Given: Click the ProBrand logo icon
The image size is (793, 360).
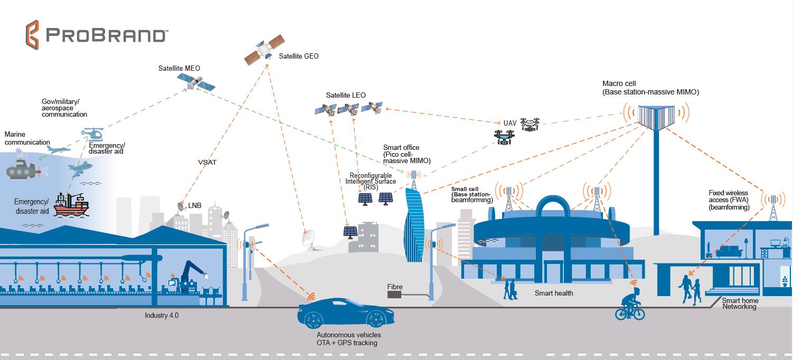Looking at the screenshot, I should [x=33, y=34].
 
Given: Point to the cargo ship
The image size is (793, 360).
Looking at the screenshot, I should [x=71, y=204].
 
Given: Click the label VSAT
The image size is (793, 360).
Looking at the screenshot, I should [x=207, y=163].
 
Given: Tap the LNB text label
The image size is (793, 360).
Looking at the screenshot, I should [x=195, y=205].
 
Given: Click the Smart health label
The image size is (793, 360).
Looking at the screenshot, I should [x=553, y=293].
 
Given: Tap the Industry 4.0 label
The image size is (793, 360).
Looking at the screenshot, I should [x=163, y=315].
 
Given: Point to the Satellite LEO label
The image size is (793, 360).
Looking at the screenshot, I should [x=346, y=96].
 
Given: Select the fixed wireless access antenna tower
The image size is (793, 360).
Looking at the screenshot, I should [x=773, y=206].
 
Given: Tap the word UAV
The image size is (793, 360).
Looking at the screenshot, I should [x=509, y=123].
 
